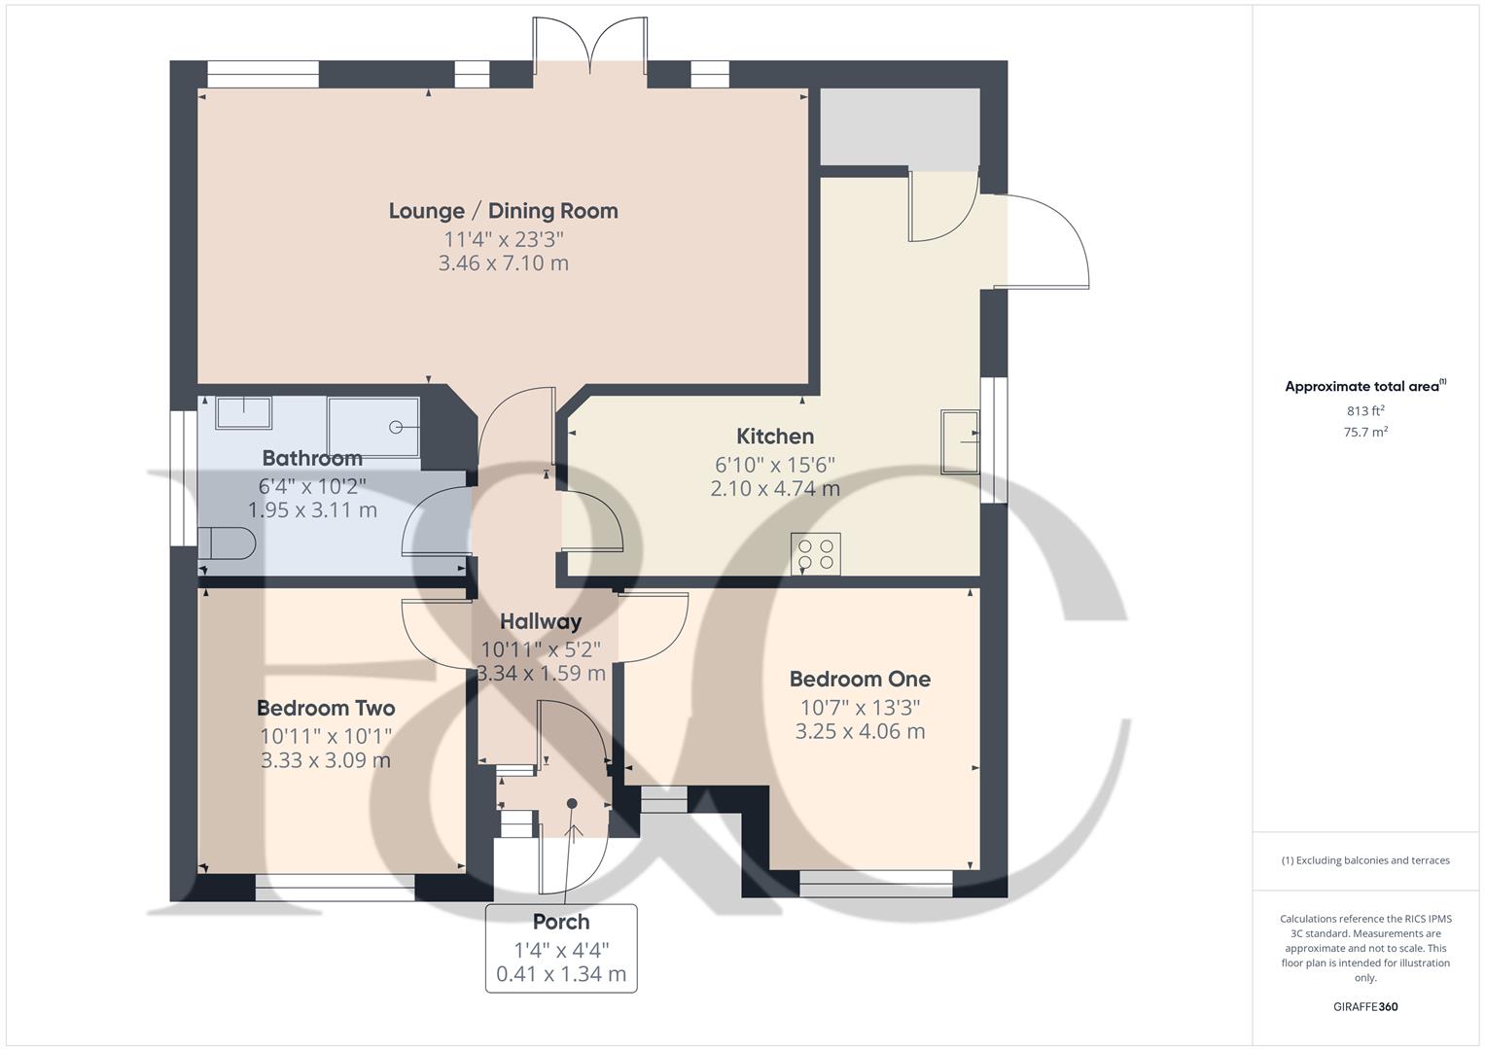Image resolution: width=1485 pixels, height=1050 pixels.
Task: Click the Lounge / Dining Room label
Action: [503, 211]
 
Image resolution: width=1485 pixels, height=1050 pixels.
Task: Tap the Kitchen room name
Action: [774, 437]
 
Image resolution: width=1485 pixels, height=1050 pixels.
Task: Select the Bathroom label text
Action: [312, 458]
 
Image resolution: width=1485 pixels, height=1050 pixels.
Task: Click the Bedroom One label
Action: [860, 680]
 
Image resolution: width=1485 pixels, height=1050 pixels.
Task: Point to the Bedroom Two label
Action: [326, 709]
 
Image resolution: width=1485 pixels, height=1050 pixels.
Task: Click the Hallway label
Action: [541, 622]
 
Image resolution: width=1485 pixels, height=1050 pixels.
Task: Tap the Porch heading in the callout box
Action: [561, 922]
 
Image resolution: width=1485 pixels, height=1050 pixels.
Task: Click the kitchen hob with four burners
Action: [816, 554]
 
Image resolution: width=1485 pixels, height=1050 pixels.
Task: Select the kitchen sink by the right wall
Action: [960, 442]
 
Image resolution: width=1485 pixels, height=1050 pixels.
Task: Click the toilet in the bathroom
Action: [228, 543]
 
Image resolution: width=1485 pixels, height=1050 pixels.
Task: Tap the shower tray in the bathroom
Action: [374, 426]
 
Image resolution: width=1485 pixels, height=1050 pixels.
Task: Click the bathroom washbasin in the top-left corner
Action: [243, 412]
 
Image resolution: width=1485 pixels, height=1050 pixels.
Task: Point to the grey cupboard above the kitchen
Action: [899, 127]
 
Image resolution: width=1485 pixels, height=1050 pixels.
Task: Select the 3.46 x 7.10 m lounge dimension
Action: [503, 263]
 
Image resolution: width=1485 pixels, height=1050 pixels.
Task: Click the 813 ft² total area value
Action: [1365, 411]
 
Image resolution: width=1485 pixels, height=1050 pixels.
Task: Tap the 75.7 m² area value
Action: [1365, 433]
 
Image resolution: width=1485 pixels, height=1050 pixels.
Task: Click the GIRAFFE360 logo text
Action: [1365, 1007]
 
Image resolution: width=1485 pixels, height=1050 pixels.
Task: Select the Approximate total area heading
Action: [1364, 387]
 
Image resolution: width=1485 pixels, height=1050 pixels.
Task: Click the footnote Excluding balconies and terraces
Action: [1365, 860]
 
